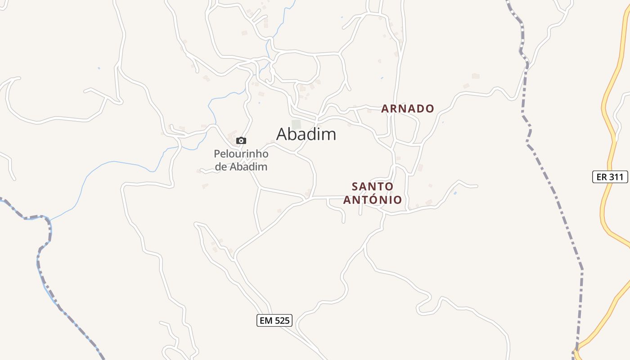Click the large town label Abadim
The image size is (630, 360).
(x=306, y=134)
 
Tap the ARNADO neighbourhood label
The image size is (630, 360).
(x=408, y=108)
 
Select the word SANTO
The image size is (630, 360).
(x=373, y=186)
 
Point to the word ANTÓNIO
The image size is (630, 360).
(x=373, y=199)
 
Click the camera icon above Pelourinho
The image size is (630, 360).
(x=241, y=141)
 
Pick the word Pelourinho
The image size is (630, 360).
(x=241, y=154)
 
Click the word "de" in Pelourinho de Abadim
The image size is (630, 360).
(x=221, y=166)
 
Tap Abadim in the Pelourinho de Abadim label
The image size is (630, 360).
(x=249, y=166)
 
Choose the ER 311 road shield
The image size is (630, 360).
(x=610, y=177)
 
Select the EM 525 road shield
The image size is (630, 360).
(x=274, y=320)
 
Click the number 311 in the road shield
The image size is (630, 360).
(x=616, y=177)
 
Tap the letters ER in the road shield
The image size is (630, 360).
(x=602, y=177)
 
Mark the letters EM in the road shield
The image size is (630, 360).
(x=265, y=320)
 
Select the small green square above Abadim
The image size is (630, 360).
(x=296, y=124)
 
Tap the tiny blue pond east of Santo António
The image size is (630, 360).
(x=455, y=193)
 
